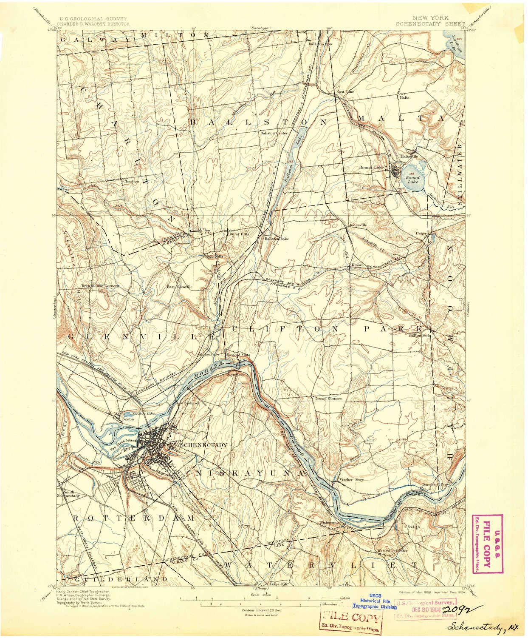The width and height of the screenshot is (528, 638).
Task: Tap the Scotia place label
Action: click(128, 419)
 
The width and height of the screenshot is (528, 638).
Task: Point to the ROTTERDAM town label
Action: click(133, 518)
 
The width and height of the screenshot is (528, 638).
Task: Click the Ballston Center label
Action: click(274, 133)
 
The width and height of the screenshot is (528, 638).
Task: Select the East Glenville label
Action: click(179, 287)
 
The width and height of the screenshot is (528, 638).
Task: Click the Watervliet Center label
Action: click(392, 551)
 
